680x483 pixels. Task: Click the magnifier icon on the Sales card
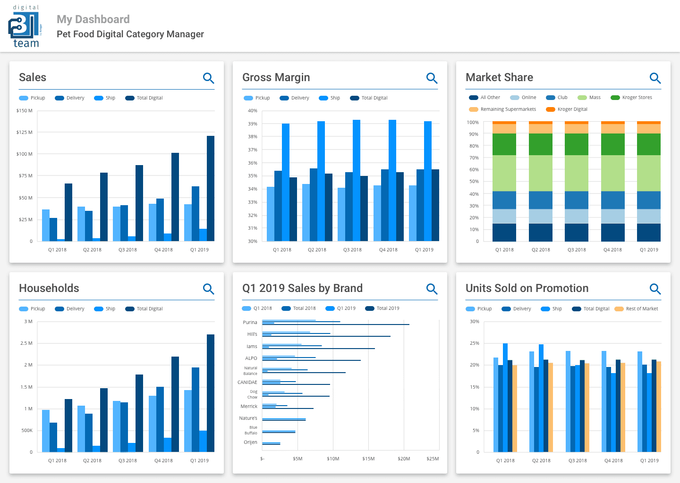click(208, 78)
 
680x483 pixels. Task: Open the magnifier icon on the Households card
click(208, 289)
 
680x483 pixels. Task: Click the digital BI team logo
click(25, 26)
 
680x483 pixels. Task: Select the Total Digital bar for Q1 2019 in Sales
click(211, 189)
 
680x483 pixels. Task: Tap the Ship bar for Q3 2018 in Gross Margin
click(357, 180)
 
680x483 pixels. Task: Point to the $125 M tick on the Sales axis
click(25, 133)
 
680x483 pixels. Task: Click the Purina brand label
click(250, 323)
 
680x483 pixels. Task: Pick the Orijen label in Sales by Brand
click(250, 442)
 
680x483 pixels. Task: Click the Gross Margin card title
click(276, 77)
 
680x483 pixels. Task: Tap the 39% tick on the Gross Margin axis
click(253, 124)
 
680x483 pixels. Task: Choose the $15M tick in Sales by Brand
click(368, 458)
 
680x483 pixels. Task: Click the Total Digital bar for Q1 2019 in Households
click(211, 393)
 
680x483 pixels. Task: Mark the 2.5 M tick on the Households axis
click(26, 343)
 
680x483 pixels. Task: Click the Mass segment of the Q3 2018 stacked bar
click(577, 173)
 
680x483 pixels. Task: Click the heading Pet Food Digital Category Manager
click(130, 34)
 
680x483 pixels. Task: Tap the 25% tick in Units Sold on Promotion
click(475, 343)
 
